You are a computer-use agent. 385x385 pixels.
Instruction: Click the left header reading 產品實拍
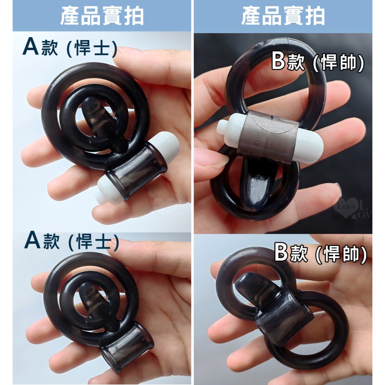tap(102, 16)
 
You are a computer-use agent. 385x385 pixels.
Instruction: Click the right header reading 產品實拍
tap(283, 16)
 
